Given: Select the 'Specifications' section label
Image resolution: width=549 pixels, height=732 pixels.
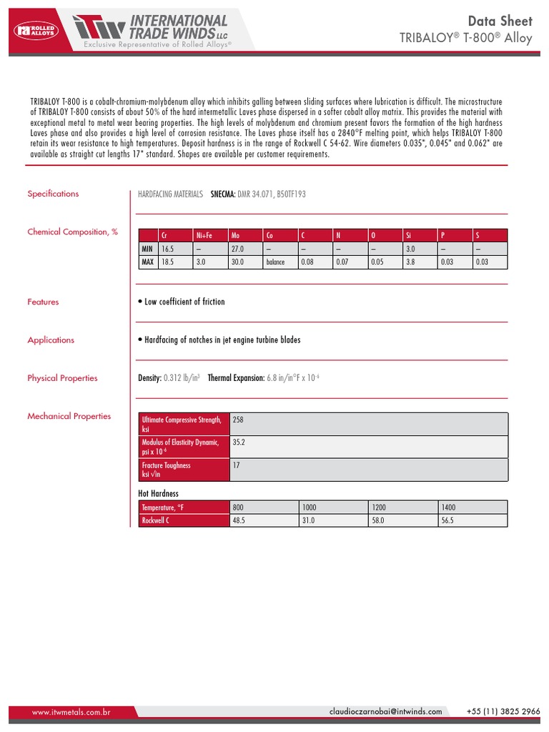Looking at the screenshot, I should pyautogui.click(x=53, y=194).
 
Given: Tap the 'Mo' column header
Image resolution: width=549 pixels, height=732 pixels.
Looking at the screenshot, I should pyautogui.click(x=236, y=235).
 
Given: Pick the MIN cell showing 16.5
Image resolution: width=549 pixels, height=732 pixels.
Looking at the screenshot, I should pyautogui.click(x=168, y=248).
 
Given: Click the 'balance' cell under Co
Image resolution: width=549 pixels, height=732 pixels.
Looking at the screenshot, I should pyautogui.click(x=275, y=262).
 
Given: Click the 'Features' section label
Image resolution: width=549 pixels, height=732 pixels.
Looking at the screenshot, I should pyautogui.click(x=43, y=302).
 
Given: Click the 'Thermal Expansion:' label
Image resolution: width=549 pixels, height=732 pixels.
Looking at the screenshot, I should pyautogui.click(x=236, y=378).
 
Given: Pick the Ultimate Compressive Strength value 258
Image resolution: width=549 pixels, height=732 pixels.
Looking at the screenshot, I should pyautogui.click(x=239, y=420).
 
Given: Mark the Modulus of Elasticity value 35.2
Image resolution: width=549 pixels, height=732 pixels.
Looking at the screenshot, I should pyautogui.click(x=239, y=442).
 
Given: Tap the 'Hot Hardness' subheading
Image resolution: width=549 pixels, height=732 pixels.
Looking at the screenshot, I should pyautogui.click(x=158, y=493).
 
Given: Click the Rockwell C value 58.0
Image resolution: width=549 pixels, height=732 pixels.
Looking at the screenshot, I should pyautogui.click(x=378, y=520).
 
